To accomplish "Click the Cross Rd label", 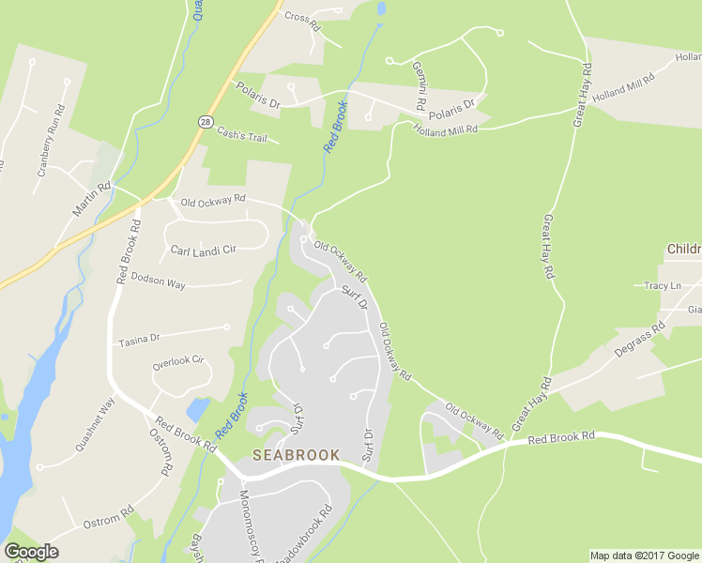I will pos(302,17).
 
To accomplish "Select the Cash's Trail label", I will pos(242,136).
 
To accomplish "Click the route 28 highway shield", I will pos(205,121).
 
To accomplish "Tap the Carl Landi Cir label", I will pos(203,251).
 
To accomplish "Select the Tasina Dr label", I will pos(140,338).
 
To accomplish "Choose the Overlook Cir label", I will pos(178,361).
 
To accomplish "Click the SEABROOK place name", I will pos(295,455).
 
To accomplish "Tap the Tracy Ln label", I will pos(663,285).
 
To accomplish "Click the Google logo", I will pos(31,552).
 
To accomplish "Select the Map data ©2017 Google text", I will pos(645,555).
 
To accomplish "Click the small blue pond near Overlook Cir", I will pos(198,410).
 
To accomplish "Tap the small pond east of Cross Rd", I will pos(380,8).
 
